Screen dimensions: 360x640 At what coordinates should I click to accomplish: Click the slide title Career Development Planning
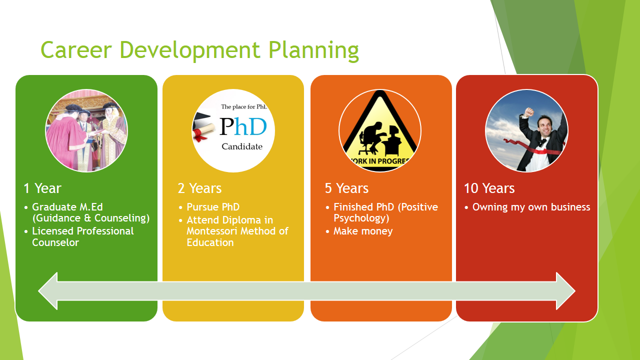[199, 50]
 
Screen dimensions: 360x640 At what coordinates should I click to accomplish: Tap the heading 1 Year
[42, 188]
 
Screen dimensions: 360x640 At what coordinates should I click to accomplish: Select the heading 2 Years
[199, 188]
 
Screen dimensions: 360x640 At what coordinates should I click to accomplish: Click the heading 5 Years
[346, 188]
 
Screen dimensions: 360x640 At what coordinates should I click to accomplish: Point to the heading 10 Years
[489, 188]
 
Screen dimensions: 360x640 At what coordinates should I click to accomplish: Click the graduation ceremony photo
[86, 130]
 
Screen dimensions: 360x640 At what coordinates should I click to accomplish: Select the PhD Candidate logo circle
[233, 130]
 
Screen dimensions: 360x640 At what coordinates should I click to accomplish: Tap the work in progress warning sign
[380, 130]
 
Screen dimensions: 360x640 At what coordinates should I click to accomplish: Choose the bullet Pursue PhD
[213, 207]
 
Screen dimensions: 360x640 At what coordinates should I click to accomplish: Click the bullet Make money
[363, 231]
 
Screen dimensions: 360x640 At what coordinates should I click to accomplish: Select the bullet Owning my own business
[531, 207]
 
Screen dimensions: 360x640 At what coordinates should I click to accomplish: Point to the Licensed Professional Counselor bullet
[82, 236]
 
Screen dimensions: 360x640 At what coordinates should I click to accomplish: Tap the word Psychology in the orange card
[361, 218]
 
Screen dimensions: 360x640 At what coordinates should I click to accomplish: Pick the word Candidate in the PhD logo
[242, 146]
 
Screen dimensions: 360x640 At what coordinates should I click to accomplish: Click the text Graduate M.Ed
[67, 207]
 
